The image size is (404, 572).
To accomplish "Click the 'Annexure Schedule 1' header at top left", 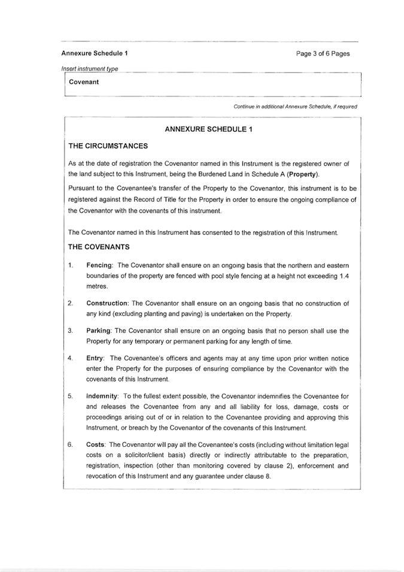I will click(x=94, y=53).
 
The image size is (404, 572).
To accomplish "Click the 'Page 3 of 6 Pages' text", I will click(x=323, y=53).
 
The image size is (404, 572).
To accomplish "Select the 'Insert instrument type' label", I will click(x=89, y=69).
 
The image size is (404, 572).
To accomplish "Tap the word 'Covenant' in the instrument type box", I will click(x=84, y=82).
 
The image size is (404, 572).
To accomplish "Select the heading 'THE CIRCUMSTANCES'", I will click(x=108, y=146).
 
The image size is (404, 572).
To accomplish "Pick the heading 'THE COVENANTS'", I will click(x=99, y=247).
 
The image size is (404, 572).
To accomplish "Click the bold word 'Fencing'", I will click(x=100, y=265).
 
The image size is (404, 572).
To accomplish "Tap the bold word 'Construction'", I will click(x=107, y=304).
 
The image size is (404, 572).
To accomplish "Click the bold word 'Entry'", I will click(x=96, y=358).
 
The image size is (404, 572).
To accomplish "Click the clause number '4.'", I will click(x=71, y=358).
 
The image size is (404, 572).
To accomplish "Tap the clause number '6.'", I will click(x=71, y=444).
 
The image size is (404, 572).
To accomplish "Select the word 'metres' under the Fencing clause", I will click(x=97, y=286).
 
